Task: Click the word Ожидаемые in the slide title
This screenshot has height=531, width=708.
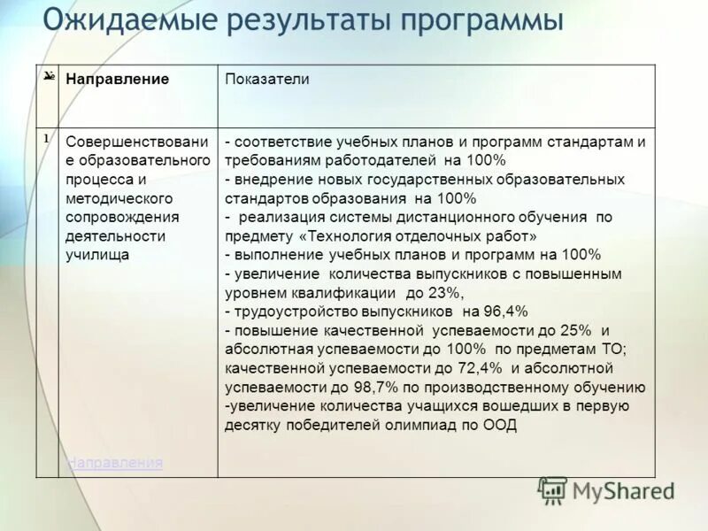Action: pyautogui.click(x=119, y=19)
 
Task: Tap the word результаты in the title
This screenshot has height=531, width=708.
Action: pyautogui.click(x=296, y=19)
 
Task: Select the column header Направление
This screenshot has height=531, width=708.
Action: pyautogui.click(x=118, y=79)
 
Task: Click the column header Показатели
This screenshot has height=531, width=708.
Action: pyautogui.click(x=267, y=79)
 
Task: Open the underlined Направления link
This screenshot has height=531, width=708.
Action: pyautogui.click(x=115, y=462)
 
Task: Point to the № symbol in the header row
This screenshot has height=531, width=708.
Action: pyautogui.click(x=50, y=77)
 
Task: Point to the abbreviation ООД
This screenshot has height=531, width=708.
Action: pyautogui.click(x=500, y=426)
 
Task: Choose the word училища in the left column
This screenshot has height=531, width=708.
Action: pyautogui.click(x=97, y=255)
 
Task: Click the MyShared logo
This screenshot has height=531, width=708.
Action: pyautogui.click(x=607, y=490)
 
